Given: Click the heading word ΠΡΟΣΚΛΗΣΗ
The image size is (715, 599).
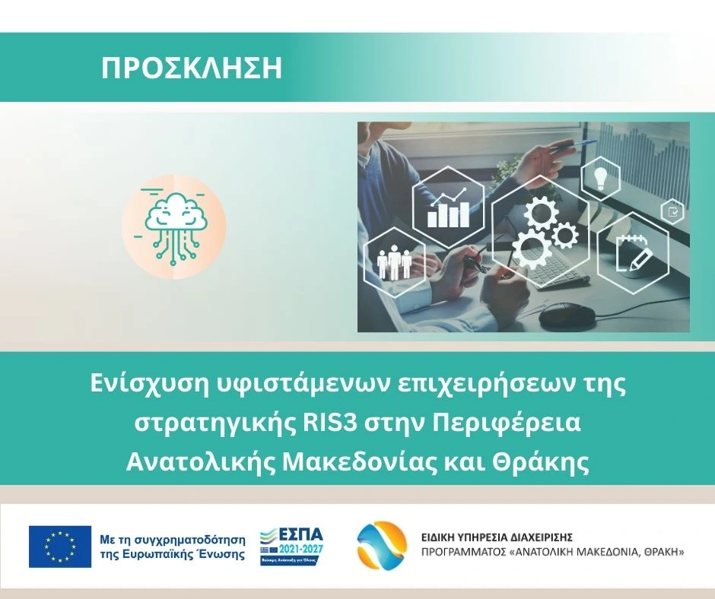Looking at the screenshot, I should (x=192, y=68).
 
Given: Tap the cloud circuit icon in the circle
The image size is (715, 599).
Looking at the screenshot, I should (x=174, y=227).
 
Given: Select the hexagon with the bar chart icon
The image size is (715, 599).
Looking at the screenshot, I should (x=448, y=207).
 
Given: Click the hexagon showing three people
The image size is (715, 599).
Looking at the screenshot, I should (x=396, y=262).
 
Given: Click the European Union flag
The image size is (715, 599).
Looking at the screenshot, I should (x=60, y=547).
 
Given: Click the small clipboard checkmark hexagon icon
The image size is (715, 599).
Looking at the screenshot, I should (x=672, y=211).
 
